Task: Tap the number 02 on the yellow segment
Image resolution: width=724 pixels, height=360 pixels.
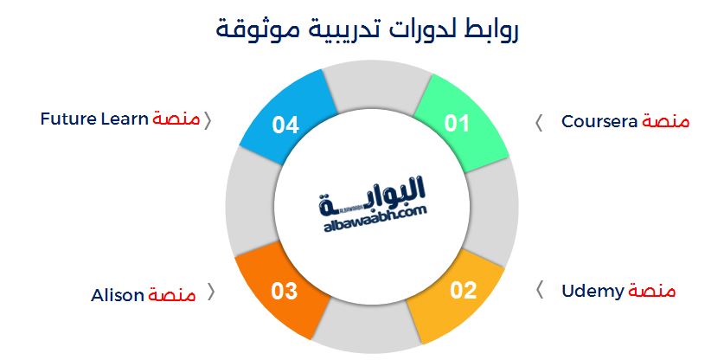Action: (x=463, y=290)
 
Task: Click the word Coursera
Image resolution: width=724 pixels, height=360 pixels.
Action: (x=599, y=121)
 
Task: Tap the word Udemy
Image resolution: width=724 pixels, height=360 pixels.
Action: (x=593, y=291)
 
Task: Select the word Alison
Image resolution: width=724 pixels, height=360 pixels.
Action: (x=118, y=295)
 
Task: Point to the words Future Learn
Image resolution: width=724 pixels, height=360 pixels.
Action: (x=95, y=119)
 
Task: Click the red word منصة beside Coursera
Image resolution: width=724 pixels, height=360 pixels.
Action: (x=666, y=121)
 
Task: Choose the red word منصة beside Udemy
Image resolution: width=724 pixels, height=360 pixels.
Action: (x=651, y=291)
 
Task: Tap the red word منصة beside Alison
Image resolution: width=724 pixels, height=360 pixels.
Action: (x=172, y=295)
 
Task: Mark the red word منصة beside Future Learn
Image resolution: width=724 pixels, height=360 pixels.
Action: (x=176, y=119)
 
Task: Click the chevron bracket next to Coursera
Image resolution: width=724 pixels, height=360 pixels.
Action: (x=539, y=122)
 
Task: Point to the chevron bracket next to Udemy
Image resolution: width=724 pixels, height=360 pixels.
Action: (x=541, y=289)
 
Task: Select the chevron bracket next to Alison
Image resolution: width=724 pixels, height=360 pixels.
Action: (x=209, y=293)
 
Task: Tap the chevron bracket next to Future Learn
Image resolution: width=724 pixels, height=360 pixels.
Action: (x=208, y=119)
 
